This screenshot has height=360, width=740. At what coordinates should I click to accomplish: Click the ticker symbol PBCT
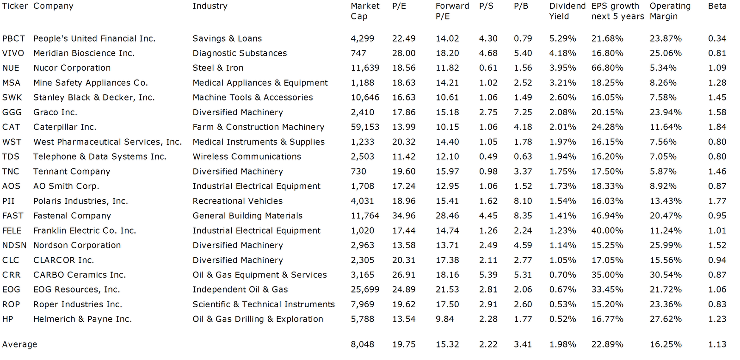(x=13, y=39)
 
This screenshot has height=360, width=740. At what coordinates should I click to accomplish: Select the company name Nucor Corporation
(x=72, y=68)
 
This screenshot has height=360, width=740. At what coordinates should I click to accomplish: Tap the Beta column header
(x=717, y=6)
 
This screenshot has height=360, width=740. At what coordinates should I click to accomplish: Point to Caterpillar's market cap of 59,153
(x=365, y=127)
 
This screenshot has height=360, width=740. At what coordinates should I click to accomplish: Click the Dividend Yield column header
(x=567, y=11)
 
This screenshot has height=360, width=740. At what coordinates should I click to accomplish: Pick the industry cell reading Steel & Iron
(x=218, y=68)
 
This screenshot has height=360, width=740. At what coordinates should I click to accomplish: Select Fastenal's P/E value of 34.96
(x=404, y=216)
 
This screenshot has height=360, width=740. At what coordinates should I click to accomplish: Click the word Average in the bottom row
(x=19, y=344)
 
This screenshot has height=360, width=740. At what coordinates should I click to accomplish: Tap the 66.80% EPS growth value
(x=607, y=68)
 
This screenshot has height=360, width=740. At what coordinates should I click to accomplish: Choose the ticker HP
(x=7, y=319)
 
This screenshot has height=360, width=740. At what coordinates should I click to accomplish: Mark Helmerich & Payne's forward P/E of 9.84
(x=444, y=319)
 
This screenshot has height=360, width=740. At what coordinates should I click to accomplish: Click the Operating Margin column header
(x=670, y=11)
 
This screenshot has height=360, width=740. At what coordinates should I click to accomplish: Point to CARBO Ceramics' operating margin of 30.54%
(x=666, y=275)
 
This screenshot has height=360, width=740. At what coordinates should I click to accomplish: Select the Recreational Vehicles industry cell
(x=238, y=201)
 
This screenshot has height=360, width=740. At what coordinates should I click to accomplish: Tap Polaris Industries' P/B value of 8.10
(x=523, y=201)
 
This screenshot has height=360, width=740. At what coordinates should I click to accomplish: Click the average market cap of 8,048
(x=363, y=344)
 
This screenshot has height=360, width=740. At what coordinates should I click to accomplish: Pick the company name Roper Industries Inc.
(x=78, y=304)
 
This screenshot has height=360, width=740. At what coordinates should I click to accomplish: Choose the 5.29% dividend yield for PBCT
(x=562, y=39)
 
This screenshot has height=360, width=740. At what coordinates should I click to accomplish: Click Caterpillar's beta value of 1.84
(x=717, y=127)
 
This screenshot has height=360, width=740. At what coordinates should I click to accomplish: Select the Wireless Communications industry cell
(x=247, y=157)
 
